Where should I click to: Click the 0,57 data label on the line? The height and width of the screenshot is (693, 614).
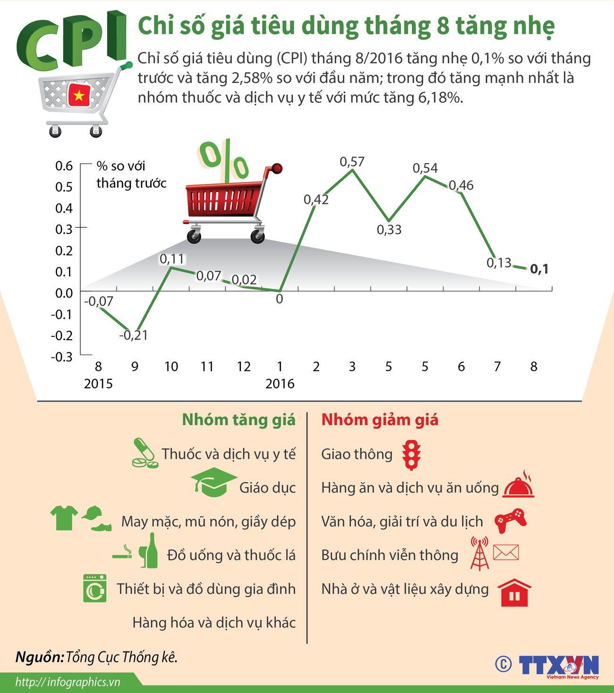[x=352, y=162]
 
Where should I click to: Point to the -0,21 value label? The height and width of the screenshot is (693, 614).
[x=133, y=335]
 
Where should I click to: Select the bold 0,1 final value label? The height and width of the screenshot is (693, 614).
[x=539, y=269]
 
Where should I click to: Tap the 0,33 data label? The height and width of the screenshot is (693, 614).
[x=389, y=230]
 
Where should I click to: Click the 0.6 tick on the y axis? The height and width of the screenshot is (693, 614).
[x=64, y=166]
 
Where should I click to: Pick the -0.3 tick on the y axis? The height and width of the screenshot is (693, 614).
[x=62, y=357]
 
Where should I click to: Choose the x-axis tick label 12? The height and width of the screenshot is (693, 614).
[x=244, y=367]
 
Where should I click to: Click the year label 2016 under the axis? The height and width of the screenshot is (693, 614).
[x=280, y=384]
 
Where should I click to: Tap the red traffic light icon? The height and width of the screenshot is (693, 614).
[x=411, y=455]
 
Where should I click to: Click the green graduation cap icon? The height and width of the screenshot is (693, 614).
[x=213, y=482]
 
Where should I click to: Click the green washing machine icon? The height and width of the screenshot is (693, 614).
[x=94, y=588]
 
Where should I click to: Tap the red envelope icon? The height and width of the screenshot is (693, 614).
[x=505, y=552]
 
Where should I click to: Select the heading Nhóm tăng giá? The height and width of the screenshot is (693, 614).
[x=239, y=419]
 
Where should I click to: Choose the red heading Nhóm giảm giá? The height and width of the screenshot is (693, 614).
[x=380, y=419]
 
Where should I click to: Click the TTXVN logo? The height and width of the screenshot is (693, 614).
[x=559, y=666]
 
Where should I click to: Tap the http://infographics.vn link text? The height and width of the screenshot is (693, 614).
[x=68, y=682]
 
